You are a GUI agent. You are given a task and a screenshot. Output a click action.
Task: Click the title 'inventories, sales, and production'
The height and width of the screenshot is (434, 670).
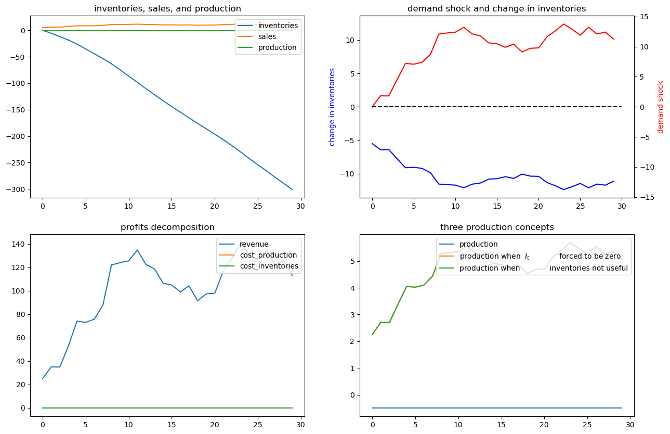point(167,9)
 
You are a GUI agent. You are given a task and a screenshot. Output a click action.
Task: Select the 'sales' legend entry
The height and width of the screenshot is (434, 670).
point(267,36)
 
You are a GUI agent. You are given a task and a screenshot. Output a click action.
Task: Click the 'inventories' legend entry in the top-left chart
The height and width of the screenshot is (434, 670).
point(278,25)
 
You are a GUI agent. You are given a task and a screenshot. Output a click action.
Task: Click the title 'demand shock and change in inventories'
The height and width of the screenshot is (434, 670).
point(496,9)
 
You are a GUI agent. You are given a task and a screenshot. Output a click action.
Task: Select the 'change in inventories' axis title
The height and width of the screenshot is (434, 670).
point(332,107)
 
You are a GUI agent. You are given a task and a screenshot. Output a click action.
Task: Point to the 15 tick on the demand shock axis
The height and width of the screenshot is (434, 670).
point(644,17)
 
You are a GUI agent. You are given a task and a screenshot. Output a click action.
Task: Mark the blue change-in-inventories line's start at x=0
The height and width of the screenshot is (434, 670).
point(372,144)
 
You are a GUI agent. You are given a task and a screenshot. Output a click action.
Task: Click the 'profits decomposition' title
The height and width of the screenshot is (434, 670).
point(167,227)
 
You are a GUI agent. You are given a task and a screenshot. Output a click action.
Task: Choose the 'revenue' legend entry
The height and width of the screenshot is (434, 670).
point(254,244)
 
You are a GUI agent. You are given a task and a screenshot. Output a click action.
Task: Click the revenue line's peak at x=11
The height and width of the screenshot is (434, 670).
point(137,250)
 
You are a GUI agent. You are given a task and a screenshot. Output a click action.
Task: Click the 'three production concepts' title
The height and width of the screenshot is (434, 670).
point(497,227)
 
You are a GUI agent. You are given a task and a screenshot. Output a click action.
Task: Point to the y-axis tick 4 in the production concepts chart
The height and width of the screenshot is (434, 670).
point(352,288)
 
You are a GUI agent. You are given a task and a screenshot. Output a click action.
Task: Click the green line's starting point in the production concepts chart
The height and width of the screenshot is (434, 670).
point(372,335)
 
